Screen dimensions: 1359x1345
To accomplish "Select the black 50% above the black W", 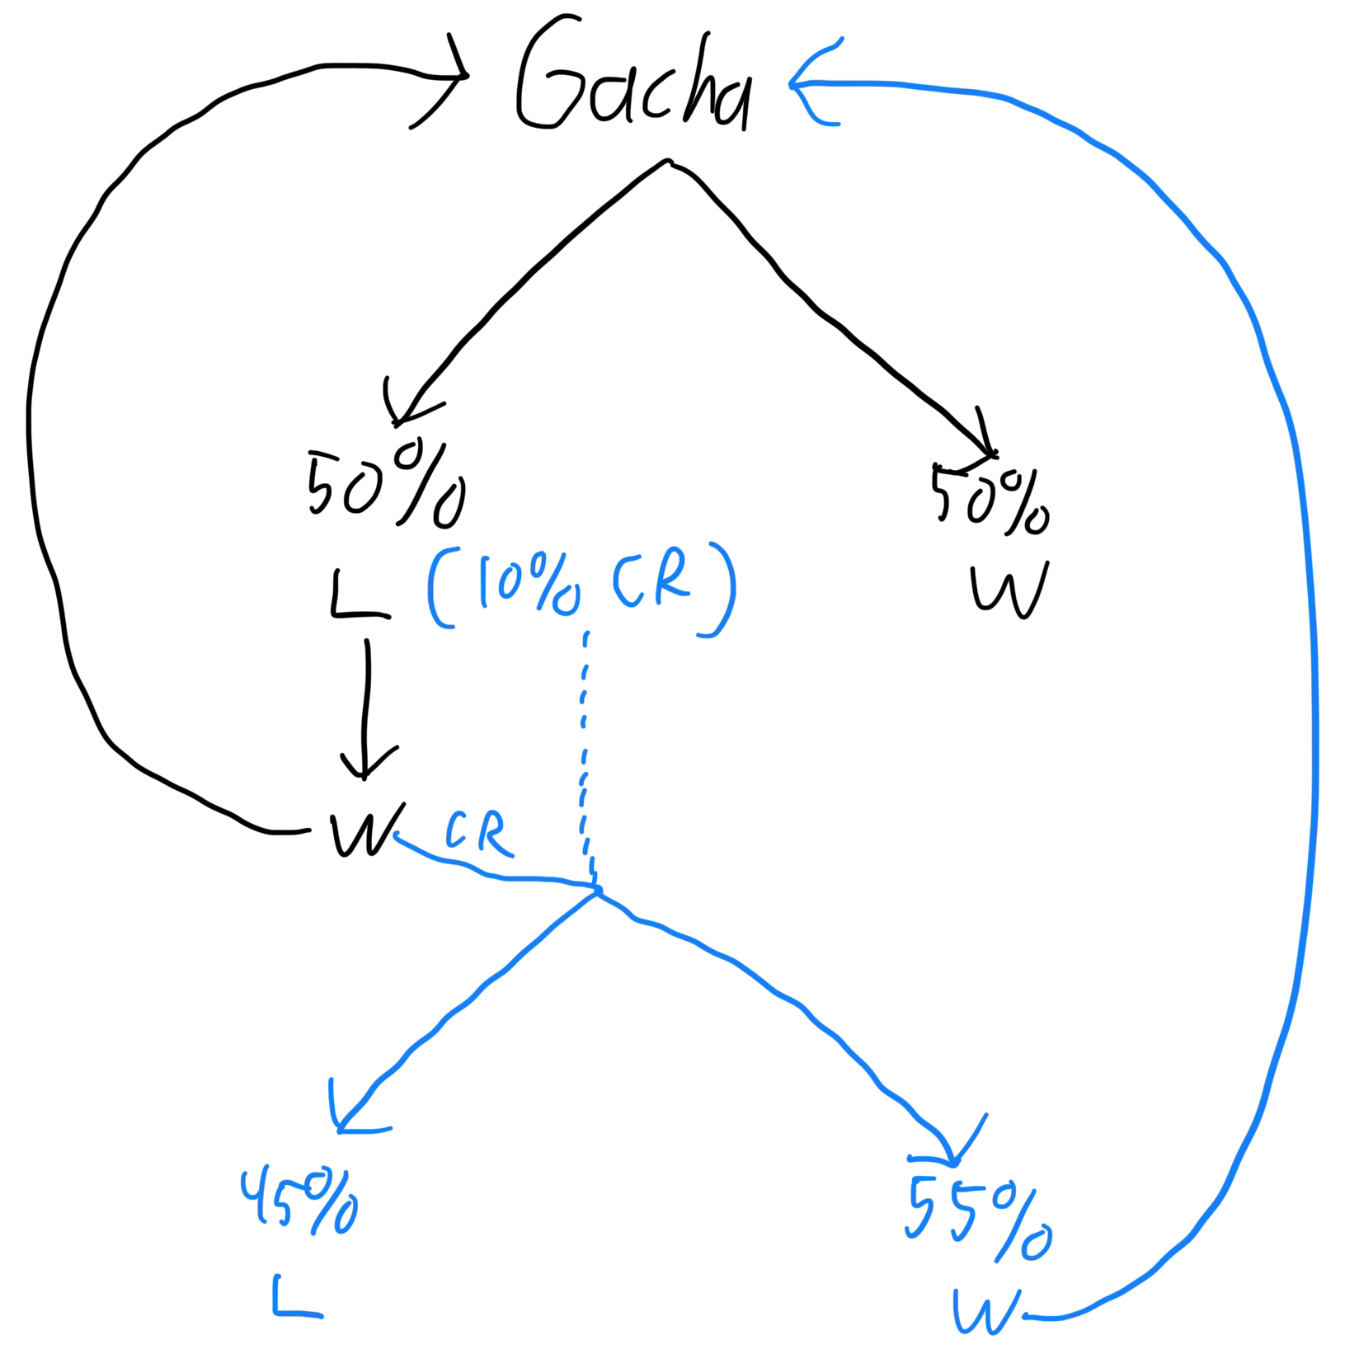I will coord(990,499).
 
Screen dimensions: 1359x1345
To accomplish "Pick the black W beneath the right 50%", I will coord(1008,590).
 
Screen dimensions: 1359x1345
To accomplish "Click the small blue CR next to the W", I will coord(479,834).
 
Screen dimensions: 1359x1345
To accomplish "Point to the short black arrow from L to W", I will coord(366,709).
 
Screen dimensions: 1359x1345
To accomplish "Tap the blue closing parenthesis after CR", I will coord(720,590).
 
